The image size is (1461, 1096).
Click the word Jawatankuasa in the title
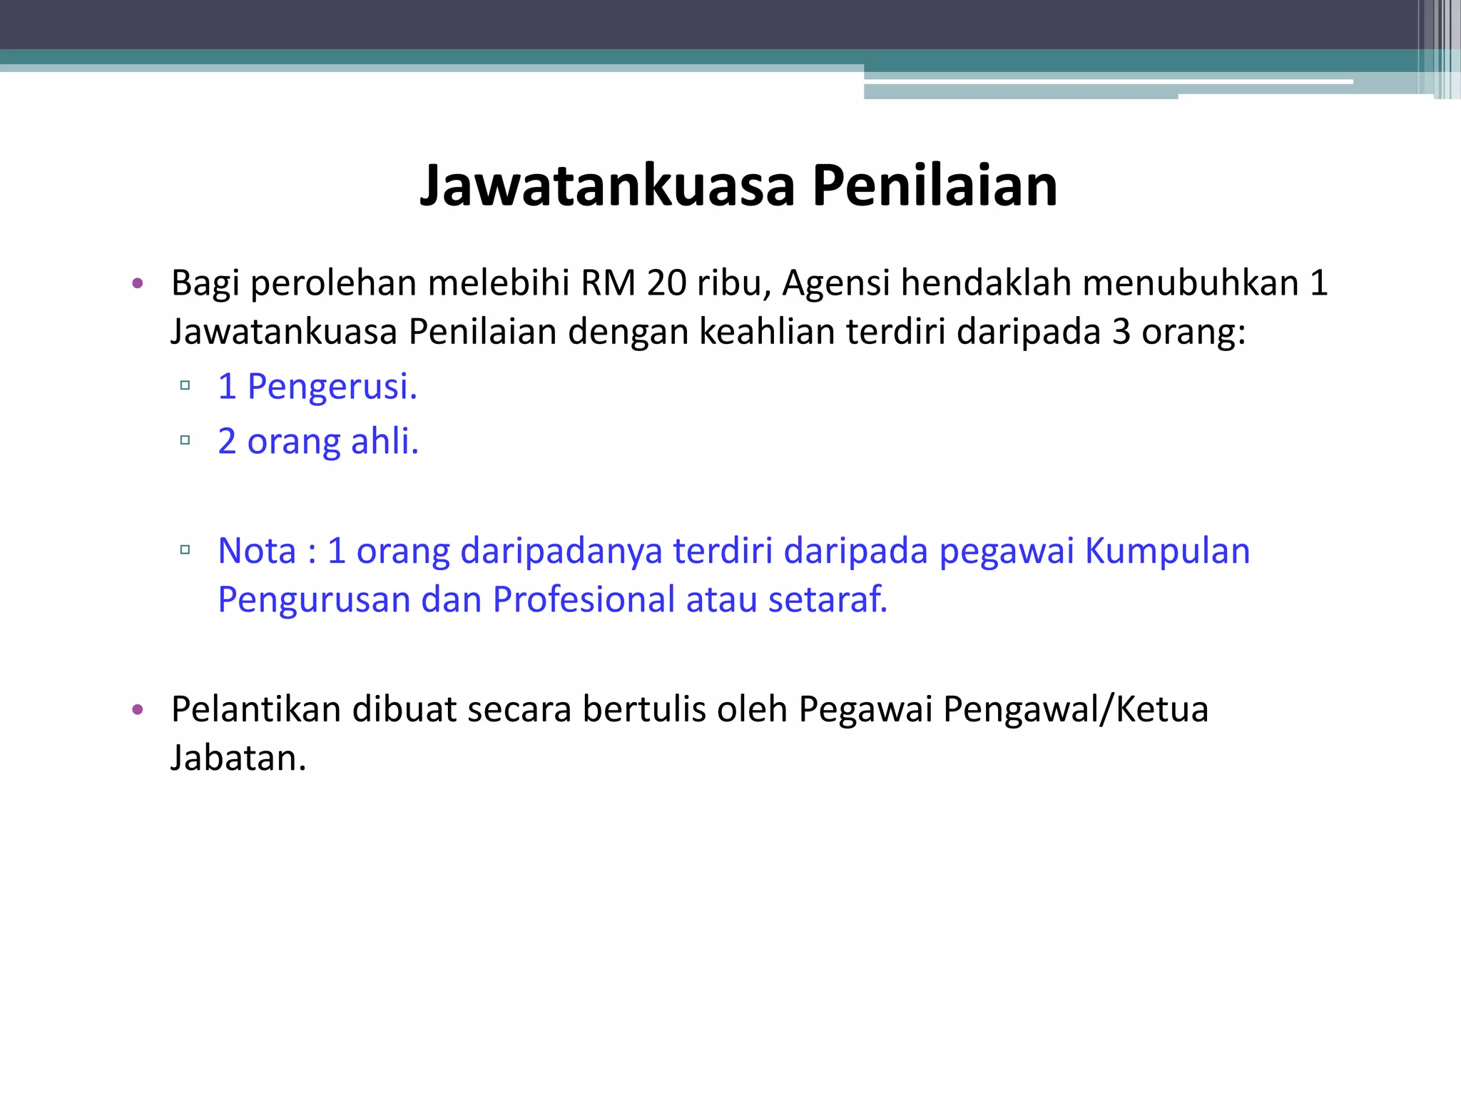(x=607, y=186)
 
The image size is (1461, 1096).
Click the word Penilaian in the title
(x=935, y=186)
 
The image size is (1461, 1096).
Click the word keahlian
(x=767, y=332)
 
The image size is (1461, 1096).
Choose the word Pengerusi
(x=332, y=387)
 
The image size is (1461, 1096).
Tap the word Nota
(x=257, y=551)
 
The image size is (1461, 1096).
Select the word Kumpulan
(x=1167, y=551)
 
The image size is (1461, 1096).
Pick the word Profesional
(x=584, y=599)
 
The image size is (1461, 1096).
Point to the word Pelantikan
(x=256, y=709)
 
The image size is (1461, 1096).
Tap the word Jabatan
(x=238, y=758)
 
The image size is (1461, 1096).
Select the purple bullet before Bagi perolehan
(x=138, y=284)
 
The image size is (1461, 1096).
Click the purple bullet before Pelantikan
(x=138, y=710)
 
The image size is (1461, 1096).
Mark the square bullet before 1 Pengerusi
(x=185, y=386)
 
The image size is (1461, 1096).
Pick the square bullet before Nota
(x=185, y=550)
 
